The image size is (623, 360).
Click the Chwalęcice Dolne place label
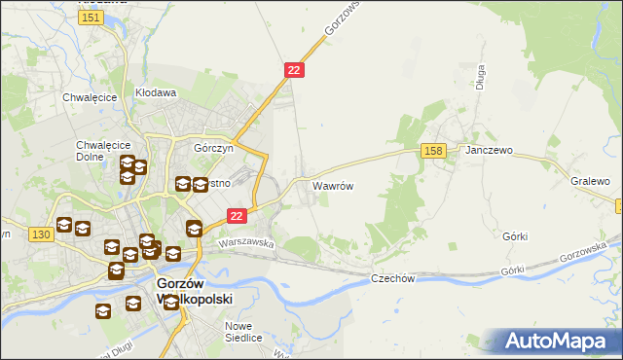pyautogui.click(x=95, y=151)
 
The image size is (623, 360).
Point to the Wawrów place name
pyautogui.click(x=332, y=185)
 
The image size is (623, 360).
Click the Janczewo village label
pyautogui.click(x=489, y=152)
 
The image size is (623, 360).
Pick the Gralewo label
pyautogui.click(x=590, y=181)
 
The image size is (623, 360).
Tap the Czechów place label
pyautogui.click(x=393, y=278)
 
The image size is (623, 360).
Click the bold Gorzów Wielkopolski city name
pyautogui.click(x=194, y=292)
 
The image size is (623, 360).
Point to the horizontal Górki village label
pyautogui.click(x=514, y=236)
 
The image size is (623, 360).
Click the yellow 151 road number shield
pyautogui.click(x=92, y=18)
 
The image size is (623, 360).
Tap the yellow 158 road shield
pyautogui.click(x=434, y=150)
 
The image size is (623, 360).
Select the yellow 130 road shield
pyautogui.click(x=41, y=234)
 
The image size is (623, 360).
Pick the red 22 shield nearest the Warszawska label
pyautogui.click(x=236, y=216)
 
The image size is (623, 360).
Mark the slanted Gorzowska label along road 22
pyautogui.click(x=342, y=18)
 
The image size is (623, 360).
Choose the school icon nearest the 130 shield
pyautogui.click(x=64, y=225)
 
